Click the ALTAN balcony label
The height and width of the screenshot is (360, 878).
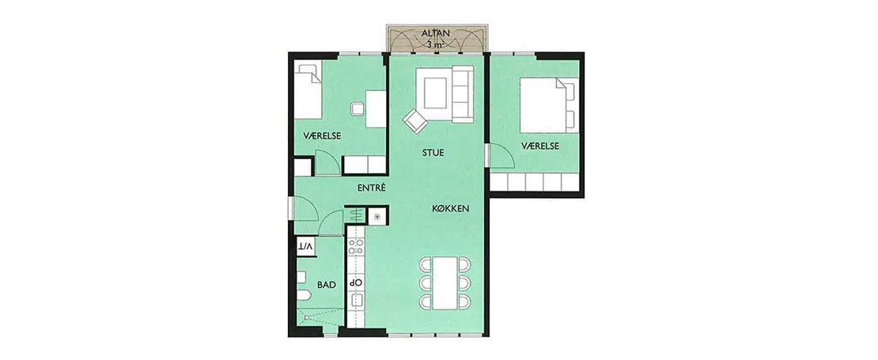coord(434,33)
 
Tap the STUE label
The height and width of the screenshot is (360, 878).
coord(433,152)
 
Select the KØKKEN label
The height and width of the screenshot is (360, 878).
coord(451,209)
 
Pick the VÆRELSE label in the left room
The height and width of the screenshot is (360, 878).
coord(322,136)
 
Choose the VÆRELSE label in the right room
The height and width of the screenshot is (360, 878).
coord(539,146)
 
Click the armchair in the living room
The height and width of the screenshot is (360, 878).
coord(415,121)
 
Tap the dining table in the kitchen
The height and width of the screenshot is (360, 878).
coord(445,283)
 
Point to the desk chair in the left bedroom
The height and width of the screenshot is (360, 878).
coord(358,108)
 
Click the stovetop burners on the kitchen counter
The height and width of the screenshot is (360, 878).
coord(356,248)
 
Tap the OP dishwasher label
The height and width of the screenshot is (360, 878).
coord(356,282)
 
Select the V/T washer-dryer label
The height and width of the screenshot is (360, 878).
coord(305,245)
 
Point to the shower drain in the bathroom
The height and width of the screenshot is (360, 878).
coord(306,317)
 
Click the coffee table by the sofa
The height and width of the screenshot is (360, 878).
coord(435,93)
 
